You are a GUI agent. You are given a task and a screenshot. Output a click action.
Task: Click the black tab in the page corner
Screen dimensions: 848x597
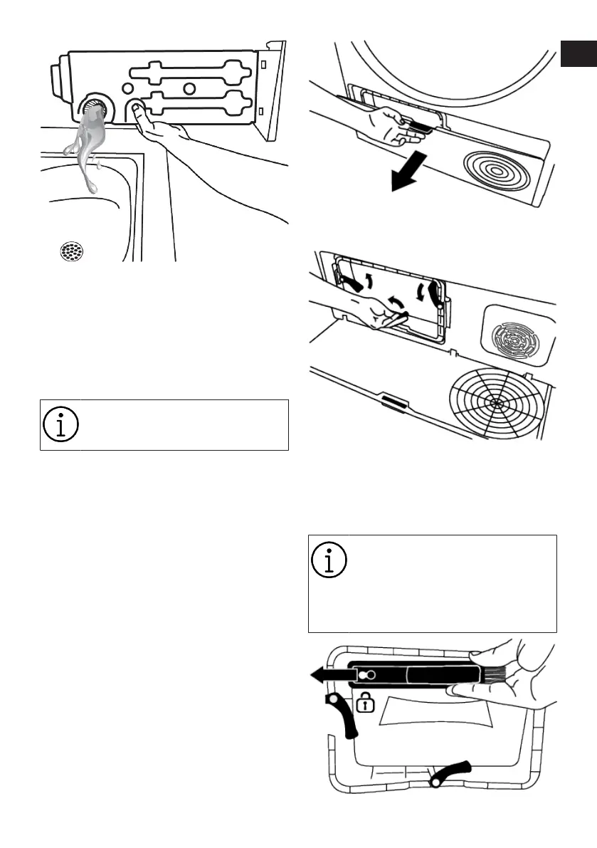click(x=578, y=54)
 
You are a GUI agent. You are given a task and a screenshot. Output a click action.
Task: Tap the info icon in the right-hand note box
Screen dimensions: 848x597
click(x=329, y=561)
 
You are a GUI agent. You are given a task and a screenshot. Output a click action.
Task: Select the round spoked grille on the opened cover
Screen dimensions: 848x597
click(x=495, y=401)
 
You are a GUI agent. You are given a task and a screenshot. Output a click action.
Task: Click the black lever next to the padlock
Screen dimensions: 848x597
click(x=340, y=717)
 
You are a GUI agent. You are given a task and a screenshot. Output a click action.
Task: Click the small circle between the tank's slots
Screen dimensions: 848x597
click(x=189, y=89)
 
